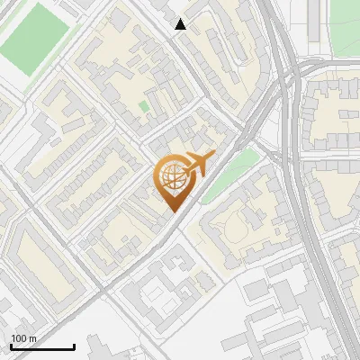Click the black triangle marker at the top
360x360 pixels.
coord(181,24)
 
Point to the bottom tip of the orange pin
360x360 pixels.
coord(172,211)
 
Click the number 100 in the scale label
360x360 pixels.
coord(19,338)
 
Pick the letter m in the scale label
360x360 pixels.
coord(32,338)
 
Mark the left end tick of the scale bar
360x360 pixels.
coord(11,346)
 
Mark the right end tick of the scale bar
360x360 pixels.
coord(74,346)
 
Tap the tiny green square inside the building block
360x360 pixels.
coord(144,106)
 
